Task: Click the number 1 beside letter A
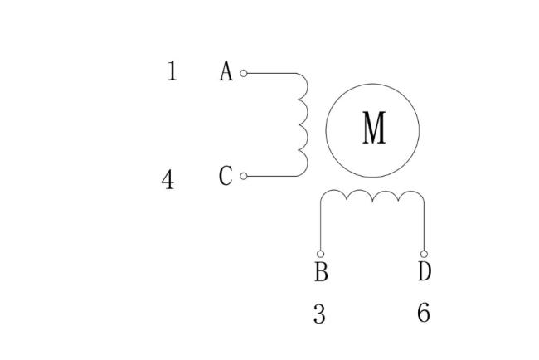point(172,71)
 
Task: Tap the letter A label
point(226,71)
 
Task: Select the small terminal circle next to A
point(243,73)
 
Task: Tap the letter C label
point(226,176)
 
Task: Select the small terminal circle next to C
point(243,176)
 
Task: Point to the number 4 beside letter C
point(168,179)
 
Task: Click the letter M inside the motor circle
point(374,127)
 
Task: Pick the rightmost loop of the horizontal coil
point(411,191)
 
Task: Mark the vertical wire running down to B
point(320,226)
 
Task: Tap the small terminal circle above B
point(320,254)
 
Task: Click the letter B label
point(321,271)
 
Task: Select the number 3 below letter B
point(319,314)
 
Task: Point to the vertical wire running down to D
point(424,226)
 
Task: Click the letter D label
point(425,271)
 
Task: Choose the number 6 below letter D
point(424,313)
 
